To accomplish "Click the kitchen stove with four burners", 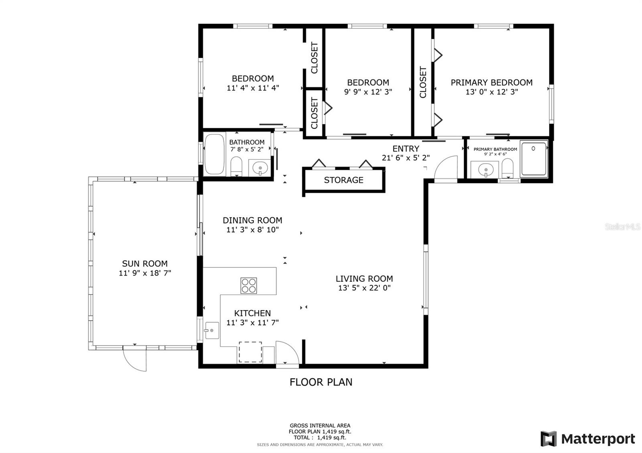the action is tap(248, 285).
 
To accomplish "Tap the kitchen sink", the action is tap(212, 330).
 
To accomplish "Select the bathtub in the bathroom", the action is tap(215, 154).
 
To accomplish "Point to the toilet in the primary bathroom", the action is tap(508, 168).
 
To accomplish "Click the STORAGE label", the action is tap(343, 180).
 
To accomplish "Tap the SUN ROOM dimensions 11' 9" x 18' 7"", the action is tap(145, 273).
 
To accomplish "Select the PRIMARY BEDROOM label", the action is tap(492, 83).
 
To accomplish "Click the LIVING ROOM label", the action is tap(364, 278).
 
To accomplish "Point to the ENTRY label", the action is tap(406, 149).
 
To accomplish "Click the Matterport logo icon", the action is tap(549, 439).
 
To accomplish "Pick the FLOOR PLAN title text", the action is tap(321, 382).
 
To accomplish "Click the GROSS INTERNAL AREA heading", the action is tap(320, 425).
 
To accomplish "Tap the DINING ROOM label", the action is tap(252, 220).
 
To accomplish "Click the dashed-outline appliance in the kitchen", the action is tap(250, 352).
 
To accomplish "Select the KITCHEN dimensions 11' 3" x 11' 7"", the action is tap(252, 322).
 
